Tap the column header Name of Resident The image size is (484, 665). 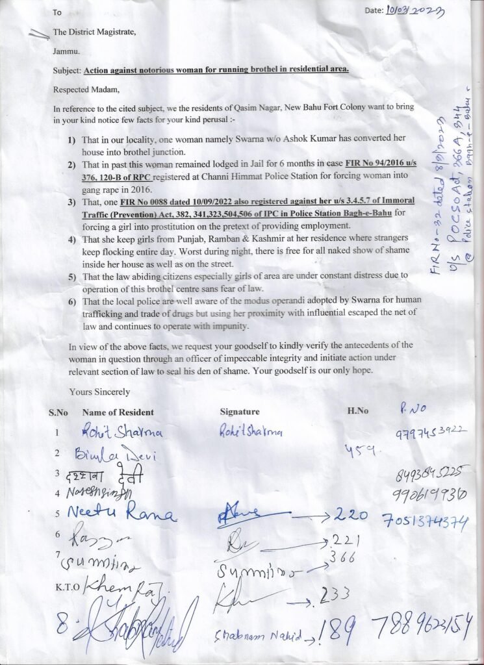[x=118, y=412]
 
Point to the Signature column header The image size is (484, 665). [x=240, y=412]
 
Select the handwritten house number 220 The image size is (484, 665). [x=351, y=516]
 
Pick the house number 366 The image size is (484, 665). [x=342, y=558]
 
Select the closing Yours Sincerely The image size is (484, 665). [x=99, y=392]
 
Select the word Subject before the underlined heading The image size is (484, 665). [x=67, y=69]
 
